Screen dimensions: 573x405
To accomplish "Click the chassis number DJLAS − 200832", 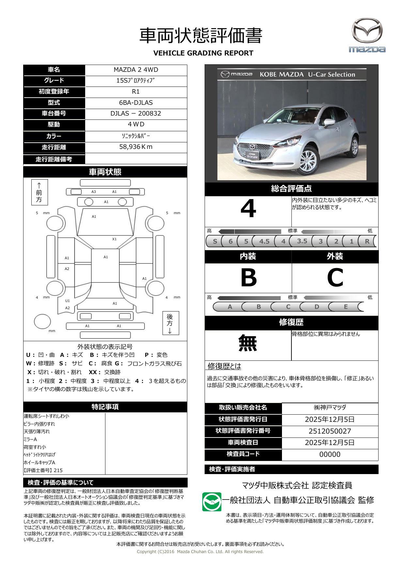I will tap(136, 114).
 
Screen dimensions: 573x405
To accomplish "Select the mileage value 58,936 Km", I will tap(136, 147).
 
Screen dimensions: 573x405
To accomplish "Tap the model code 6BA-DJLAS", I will tap(136, 103).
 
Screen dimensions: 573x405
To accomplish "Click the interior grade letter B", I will tap(248, 278).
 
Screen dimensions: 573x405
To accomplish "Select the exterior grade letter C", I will tap(335, 278).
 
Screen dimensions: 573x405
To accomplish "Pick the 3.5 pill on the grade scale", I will tap(302, 241).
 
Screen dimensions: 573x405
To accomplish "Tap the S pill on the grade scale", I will tap(215, 242).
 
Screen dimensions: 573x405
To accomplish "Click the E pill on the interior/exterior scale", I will tap(346, 307).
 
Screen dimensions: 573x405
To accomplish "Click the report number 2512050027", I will tap(330, 431).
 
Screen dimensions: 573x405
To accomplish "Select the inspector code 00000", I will tap(330, 454).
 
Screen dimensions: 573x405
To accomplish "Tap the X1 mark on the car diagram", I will tap(114, 239).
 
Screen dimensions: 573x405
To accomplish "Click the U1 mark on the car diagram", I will tap(68, 301).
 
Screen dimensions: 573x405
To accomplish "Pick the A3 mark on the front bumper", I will tap(94, 192).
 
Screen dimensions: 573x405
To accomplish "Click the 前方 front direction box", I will tap(39, 192).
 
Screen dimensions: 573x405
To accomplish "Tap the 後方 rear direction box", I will tap(170, 323).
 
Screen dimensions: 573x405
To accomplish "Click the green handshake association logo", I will tap(211, 502).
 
